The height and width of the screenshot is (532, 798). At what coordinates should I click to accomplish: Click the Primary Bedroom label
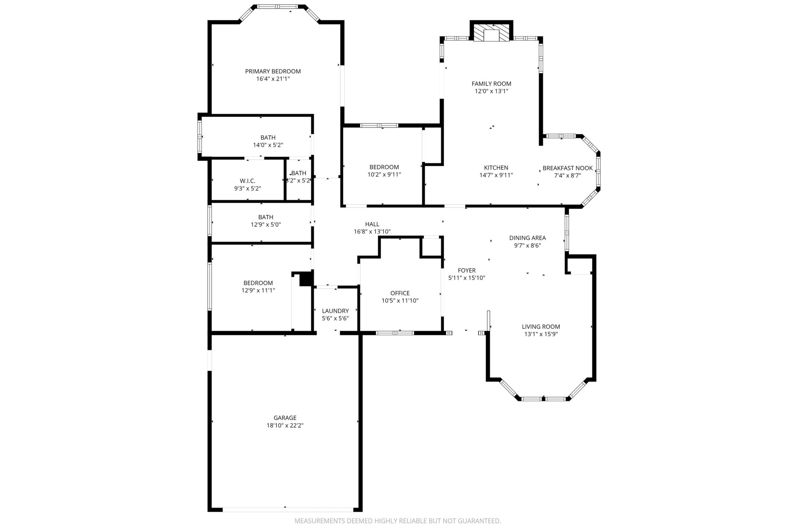273,71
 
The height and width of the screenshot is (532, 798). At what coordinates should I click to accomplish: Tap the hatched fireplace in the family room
491,33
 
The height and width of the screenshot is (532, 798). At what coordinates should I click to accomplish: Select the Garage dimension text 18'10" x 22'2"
285,425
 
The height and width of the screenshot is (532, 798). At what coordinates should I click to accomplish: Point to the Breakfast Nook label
567,168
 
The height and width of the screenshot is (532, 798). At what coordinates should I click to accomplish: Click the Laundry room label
335,311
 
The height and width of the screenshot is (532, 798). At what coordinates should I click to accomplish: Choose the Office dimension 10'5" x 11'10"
400,301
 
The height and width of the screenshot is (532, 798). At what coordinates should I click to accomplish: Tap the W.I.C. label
247,181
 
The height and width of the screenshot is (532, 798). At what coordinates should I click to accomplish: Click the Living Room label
541,327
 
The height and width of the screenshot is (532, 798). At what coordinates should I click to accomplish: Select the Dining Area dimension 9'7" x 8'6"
528,245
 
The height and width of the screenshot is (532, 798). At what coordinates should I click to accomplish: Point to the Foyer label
467,270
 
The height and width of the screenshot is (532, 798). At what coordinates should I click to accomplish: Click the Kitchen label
496,168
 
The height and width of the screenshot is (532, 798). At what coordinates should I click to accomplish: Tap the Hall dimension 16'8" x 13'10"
372,232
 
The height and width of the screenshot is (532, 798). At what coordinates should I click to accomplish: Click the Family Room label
491,83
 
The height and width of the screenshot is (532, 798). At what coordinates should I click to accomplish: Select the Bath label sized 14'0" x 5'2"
268,137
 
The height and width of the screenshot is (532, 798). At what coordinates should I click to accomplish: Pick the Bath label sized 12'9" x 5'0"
266,217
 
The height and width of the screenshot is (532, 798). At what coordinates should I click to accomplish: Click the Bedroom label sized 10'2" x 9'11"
384,167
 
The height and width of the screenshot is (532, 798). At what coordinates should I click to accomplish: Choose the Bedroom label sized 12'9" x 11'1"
258,283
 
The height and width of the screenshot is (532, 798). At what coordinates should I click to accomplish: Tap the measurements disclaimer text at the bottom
398,521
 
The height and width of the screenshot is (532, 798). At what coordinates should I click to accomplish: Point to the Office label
400,293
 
